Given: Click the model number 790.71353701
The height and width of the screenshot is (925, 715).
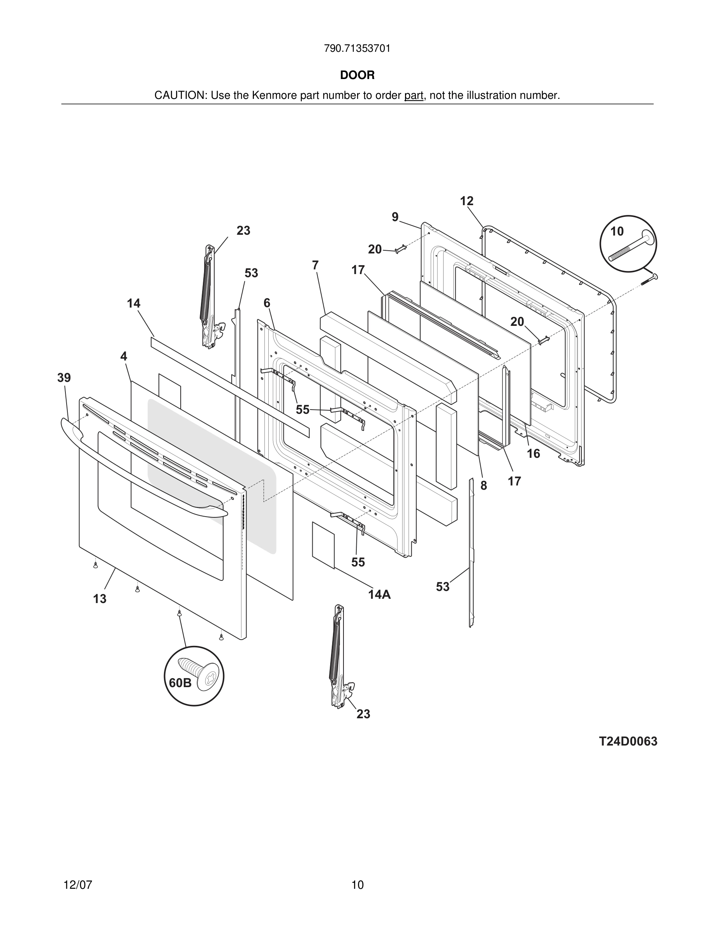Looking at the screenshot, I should tap(357, 49).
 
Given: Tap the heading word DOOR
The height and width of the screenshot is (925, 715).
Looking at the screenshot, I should tap(357, 76).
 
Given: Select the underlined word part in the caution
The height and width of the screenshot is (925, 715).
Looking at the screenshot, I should tap(414, 96).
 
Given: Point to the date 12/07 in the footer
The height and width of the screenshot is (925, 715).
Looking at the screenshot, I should tap(77, 885).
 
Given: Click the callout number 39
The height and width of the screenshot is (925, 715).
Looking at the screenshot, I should tap(64, 378).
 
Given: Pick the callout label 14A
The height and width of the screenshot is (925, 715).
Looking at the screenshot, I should tap(379, 594).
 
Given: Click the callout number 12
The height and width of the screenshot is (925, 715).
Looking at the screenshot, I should tap(467, 201).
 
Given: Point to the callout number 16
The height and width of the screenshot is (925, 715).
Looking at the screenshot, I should tap(533, 454).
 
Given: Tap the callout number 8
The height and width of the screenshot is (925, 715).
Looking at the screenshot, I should tap(483, 486).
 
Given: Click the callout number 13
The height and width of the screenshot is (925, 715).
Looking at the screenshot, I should tap(100, 599).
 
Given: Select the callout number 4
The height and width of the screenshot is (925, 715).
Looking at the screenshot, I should tap(123, 357).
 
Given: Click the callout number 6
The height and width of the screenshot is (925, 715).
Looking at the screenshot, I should tap(266, 303).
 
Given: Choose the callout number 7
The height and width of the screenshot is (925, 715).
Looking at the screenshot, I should tap(315, 266).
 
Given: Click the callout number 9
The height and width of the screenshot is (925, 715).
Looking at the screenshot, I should tap(395, 217).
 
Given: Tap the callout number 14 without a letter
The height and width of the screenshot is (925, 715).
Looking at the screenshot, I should tap(134, 303).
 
